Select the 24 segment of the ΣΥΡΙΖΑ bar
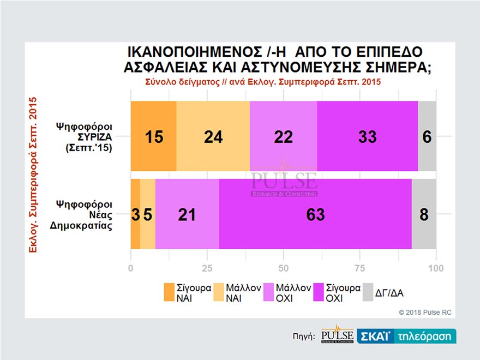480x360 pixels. (x=213, y=136)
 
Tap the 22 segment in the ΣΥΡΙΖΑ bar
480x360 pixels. (x=283, y=136)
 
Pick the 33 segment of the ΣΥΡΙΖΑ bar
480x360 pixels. (x=367, y=136)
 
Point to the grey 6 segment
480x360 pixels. (x=427, y=136)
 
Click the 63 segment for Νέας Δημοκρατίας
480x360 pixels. (x=315, y=214)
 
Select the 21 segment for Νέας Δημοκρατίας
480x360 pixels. (x=187, y=214)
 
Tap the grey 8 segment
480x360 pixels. (x=424, y=214)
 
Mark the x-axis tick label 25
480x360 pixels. (x=207, y=268)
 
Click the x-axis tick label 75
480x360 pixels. (x=359, y=268)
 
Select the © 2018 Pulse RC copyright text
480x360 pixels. (x=425, y=313)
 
